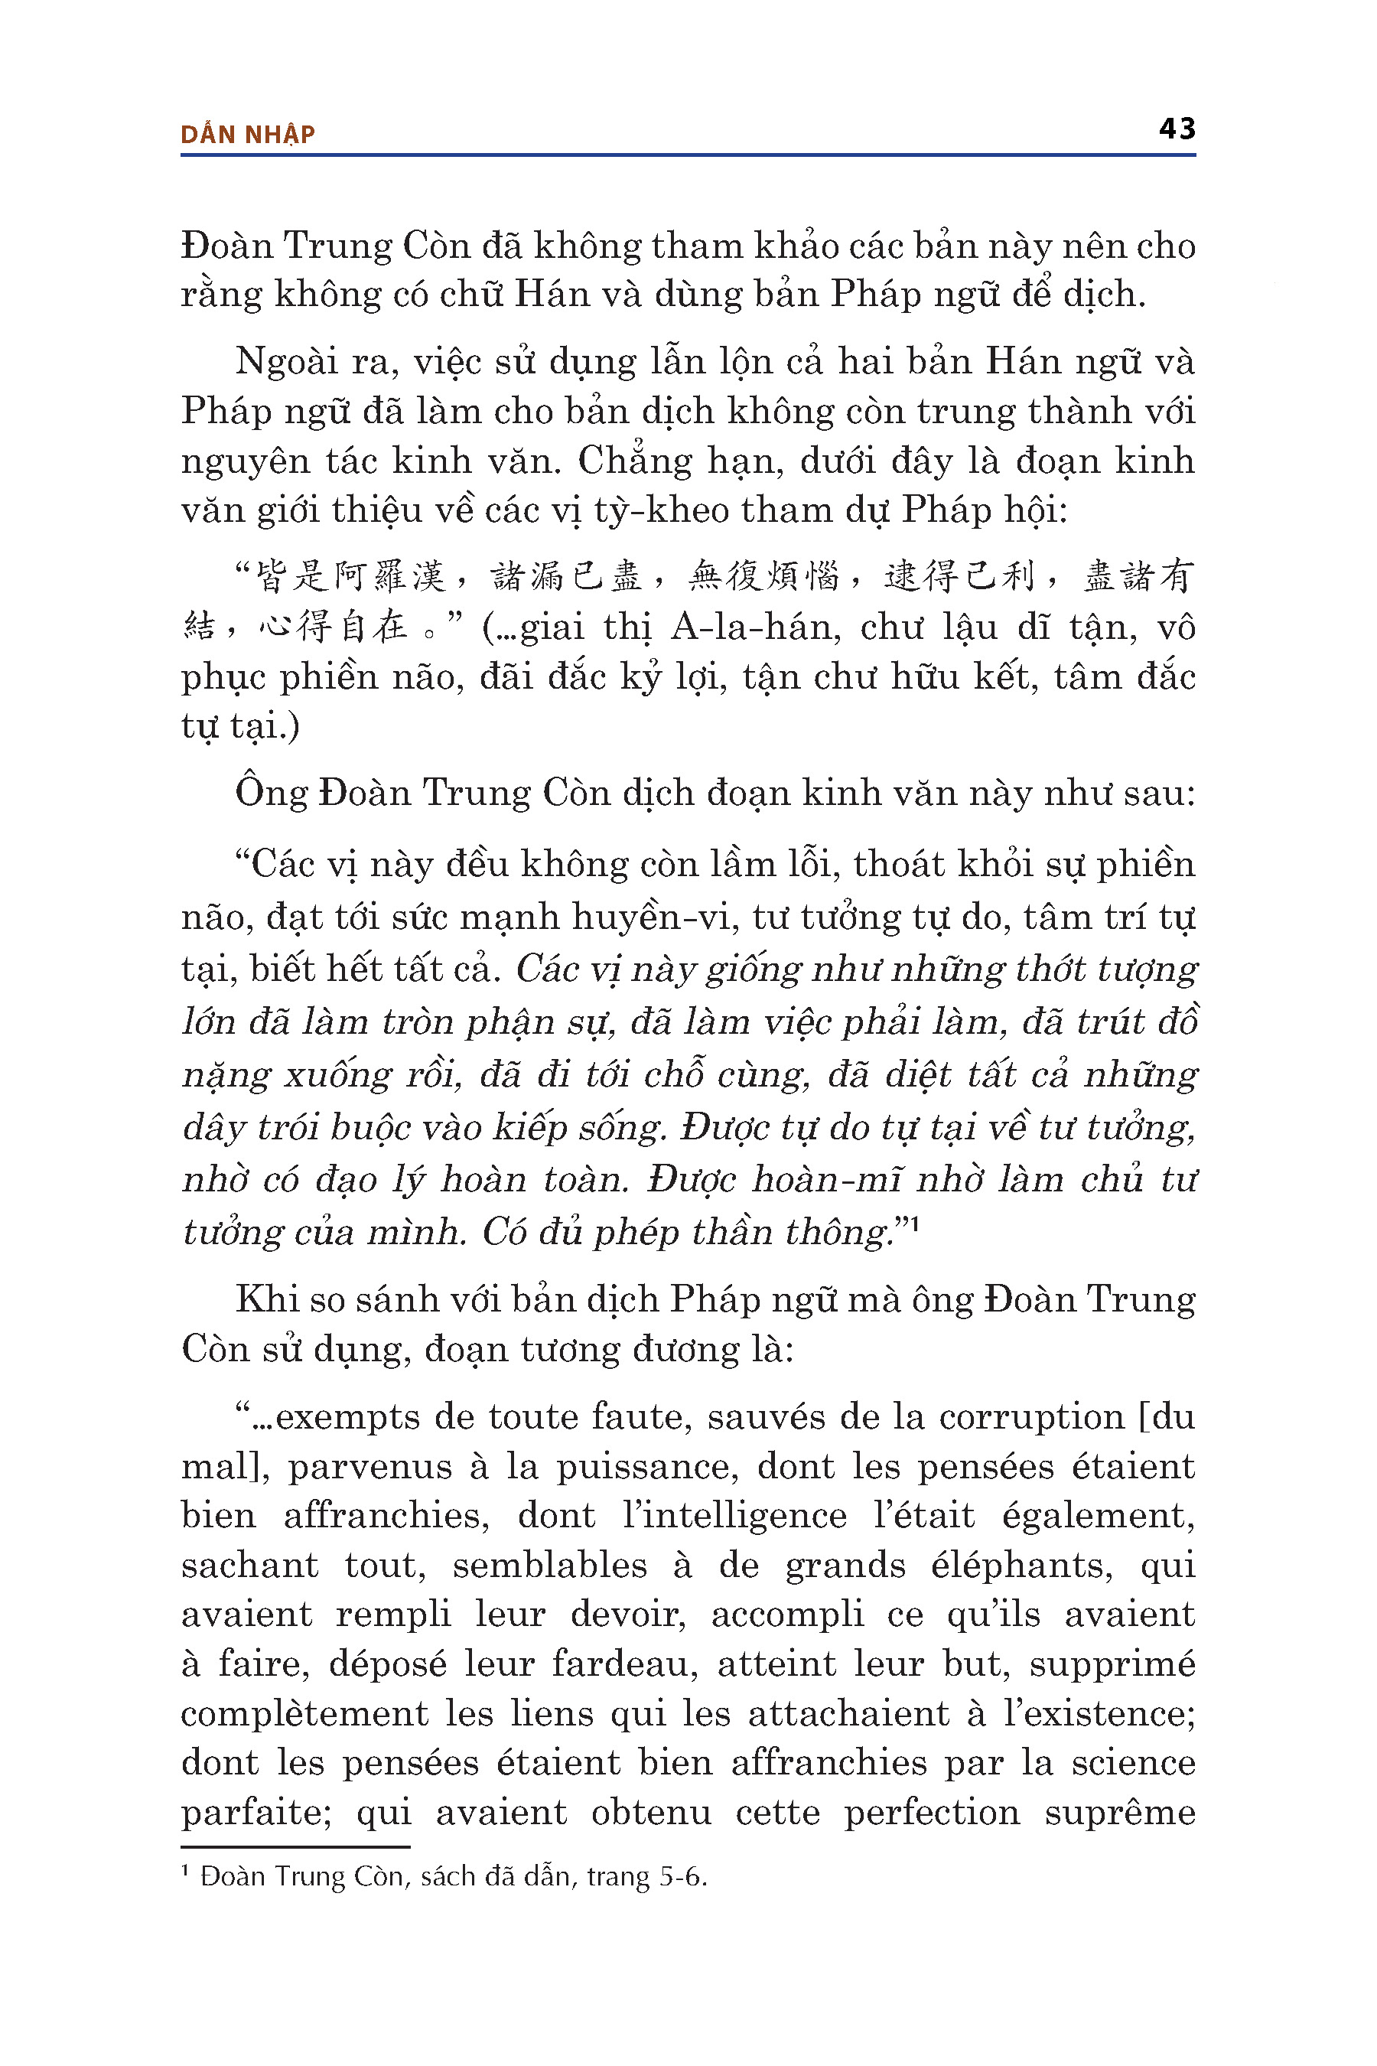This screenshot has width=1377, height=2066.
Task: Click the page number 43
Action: click(1176, 129)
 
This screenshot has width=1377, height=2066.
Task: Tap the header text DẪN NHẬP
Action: click(248, 135)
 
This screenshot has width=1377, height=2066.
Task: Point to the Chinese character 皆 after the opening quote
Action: click(273, 576)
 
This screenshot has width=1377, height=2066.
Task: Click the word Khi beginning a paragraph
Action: click(262, 1299)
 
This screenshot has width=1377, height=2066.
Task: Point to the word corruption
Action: click(1031, 1417)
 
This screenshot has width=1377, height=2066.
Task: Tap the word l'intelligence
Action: click(734, 1515)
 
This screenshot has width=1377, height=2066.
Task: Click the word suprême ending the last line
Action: click(1120, 1812)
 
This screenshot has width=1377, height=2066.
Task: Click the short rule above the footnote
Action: click(295, 1846)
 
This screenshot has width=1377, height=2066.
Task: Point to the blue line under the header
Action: click(688, 155)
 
